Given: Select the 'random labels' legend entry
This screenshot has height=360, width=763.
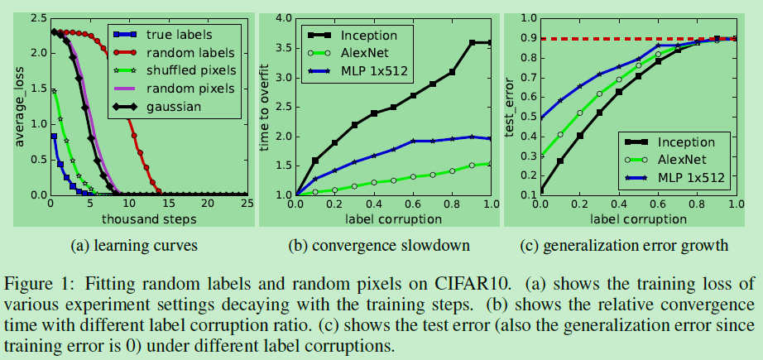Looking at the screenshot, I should pos(184,52).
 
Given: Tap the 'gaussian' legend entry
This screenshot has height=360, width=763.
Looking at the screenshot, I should pos(171,107).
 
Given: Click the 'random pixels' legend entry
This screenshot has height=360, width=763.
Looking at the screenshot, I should pos(185,89).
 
